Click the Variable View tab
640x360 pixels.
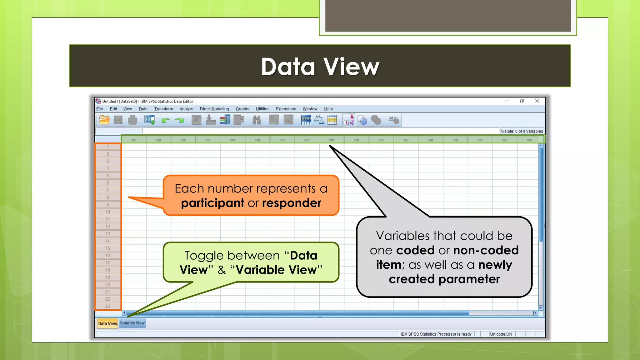pyautogui.click(x=132, y=323)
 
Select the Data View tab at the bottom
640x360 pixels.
pyautogui.click(x=107, y=323)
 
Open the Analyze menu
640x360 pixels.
pyautogui.click(x=186, y=109)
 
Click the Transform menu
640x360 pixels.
pyautogui.click(x=163, y=109)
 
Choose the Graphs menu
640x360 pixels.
pyautogui.click(x=242, y=109)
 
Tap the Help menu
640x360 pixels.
pyautogui.click(x=328, y=109)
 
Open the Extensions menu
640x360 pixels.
pyautogui.click(x=286, y=109)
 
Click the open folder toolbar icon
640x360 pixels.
pyautogui.click(x=104, y=120)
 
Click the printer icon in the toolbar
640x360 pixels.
pyautogui.click(x=132, y=120)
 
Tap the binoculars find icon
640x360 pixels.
pyautogui.click(x=257, y=120)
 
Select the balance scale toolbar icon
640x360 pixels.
pyautogui.click(x=319, y=120)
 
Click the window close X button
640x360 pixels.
pyautogui.click(x=537, y=101)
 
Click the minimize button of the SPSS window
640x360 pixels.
pyautogui.click(x=507, y=101)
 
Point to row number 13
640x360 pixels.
pyautogui.click(x=107, y=234)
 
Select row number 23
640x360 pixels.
pyautogui.click(x=107, y=306)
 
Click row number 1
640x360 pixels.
pyautogui.click(x=107, y=147)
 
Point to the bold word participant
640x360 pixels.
pyautogui.click(x=212, y=203)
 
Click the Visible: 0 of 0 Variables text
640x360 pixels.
pyautogui.click(x=522, y=131)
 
